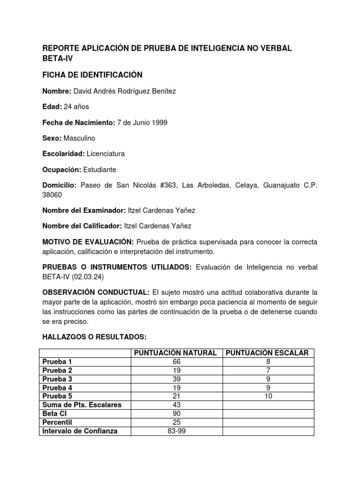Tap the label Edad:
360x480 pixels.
pos(52,107)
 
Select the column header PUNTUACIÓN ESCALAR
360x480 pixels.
pos(268,353)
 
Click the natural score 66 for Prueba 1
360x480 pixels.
pos(176,362)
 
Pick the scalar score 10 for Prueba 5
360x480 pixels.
pos(268,396)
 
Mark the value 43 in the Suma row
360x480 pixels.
pos(176,405)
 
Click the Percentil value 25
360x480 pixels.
pos(176,422)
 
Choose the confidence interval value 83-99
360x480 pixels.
pos(176,431)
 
